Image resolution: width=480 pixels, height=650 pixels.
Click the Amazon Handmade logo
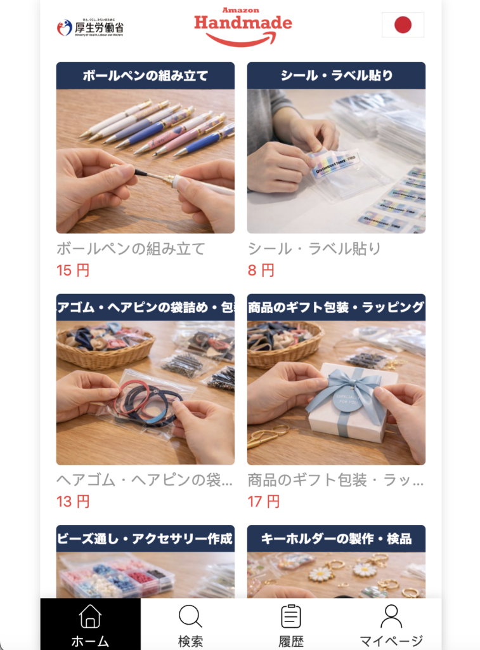coord(243,27)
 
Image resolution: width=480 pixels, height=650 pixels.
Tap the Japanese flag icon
coord(403,25)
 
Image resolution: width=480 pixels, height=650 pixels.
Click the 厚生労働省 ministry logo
coord(90,27)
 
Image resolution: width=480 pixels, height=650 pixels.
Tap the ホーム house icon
coord(90,616)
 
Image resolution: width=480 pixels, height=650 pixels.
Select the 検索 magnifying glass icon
coord(190,616)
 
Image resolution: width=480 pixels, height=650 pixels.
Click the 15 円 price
coord(73,270)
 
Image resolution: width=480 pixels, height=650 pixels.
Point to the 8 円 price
coord(261,270)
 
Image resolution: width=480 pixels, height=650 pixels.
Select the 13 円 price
coord(73,501)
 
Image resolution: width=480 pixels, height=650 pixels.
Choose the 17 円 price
coord(264,501)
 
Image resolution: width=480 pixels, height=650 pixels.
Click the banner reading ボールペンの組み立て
coord(145,76)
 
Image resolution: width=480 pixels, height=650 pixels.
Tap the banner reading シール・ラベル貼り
coord(336,76)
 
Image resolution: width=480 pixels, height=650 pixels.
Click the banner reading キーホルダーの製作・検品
coord(336,539)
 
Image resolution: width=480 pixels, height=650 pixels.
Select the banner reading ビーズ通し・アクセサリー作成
coord(145,539)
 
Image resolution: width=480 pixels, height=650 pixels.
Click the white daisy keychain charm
coord(321,573)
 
